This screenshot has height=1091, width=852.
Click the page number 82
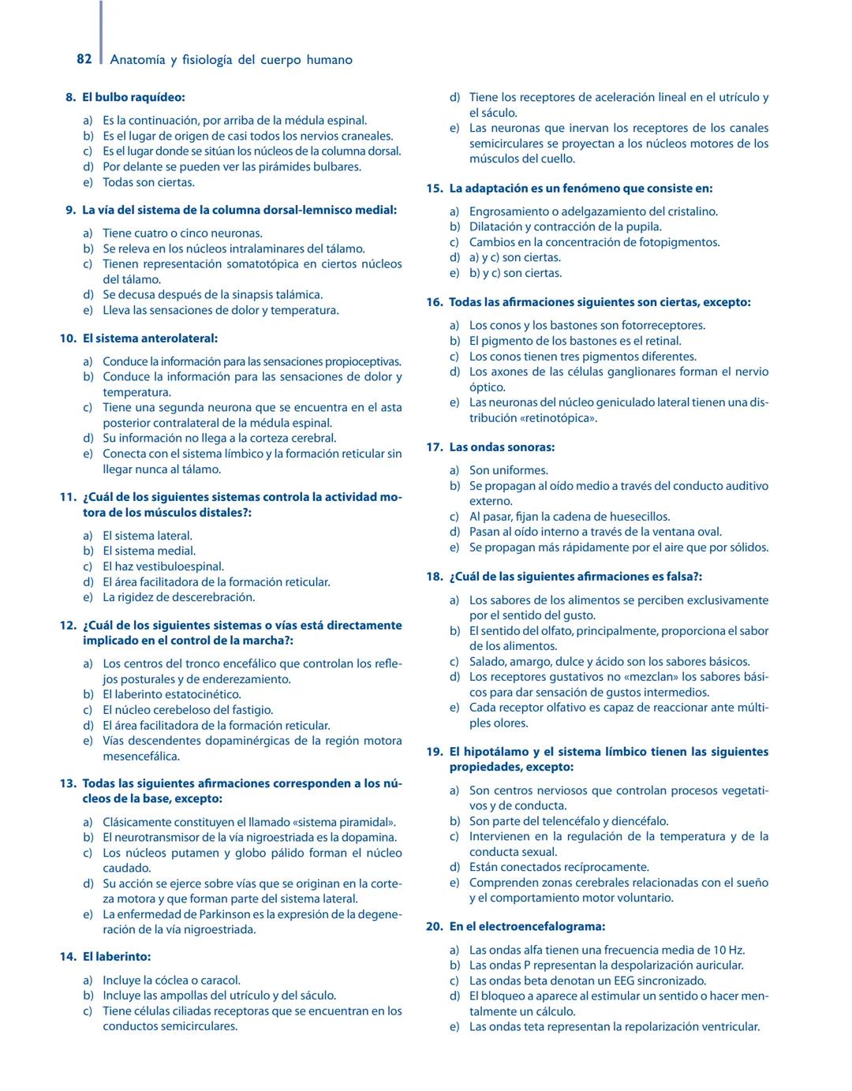(x=84, y=59)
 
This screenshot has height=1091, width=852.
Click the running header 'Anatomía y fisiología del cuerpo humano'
(x=231, y=60)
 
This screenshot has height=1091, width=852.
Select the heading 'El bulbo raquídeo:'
(x=133, y=98)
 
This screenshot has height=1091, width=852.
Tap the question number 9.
(x=70, y=210)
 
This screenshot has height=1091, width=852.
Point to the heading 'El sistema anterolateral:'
(x=150, y=338)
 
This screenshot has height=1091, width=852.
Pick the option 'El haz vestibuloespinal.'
(x=163, y=566)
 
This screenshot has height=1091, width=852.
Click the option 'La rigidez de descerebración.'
(x=178, y=597)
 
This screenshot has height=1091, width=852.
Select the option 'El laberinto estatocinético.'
(x=172, y=694)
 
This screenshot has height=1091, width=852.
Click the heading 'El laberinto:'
(x=117, y=957)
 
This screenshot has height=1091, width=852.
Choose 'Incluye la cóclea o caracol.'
(x=171, y=980)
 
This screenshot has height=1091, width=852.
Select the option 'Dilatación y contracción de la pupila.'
(x=565, y=226)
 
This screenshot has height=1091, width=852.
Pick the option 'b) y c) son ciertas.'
(x=515, y=273)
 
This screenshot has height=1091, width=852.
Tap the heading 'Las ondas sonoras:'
(x=502, y=447)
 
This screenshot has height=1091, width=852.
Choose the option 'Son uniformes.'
(x=508, y=470)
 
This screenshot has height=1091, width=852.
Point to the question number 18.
(x=435, y=577)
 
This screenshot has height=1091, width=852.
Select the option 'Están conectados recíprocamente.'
(x=559, y=867)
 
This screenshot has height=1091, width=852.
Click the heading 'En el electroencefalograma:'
(x=527, y=927)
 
